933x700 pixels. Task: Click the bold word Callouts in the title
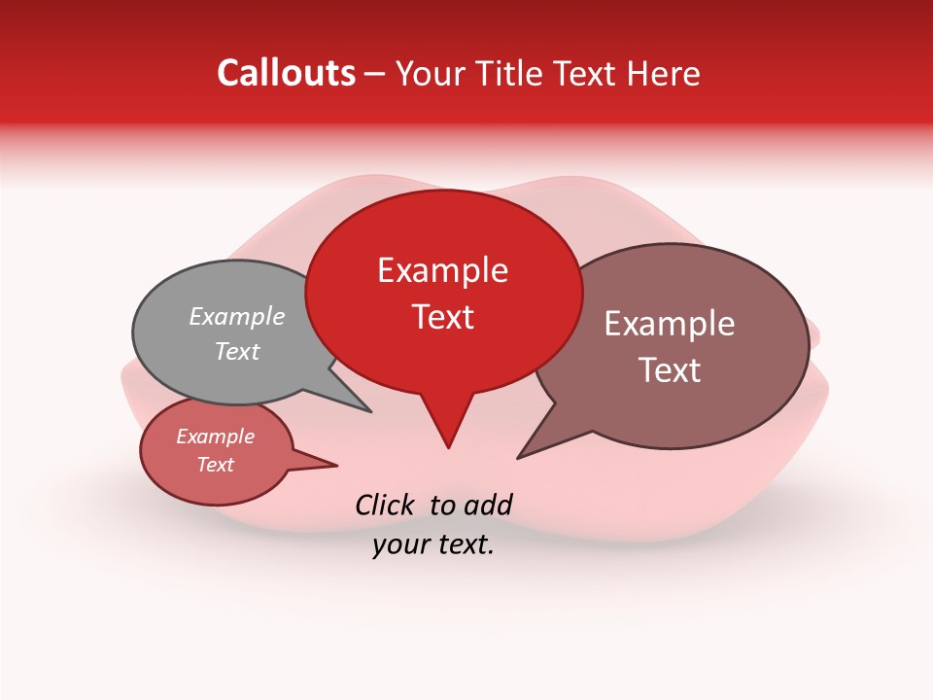[x=286, y=73]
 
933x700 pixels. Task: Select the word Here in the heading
[x=662, y=73]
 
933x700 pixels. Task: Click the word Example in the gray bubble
[x=237, y=316]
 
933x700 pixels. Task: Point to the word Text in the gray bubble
[x=237, y=351]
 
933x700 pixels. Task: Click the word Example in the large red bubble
[x=442, y=270]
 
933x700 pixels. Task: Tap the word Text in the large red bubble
[x=443, y=317]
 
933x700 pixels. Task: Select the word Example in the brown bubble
[x=670, y=324]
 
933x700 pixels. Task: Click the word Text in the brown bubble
[x=670, y=370]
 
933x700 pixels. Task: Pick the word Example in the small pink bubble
[x=215, y=437]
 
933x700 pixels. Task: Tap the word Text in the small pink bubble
[x=215, y=465]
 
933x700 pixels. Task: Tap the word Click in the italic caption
[x=385, y=505]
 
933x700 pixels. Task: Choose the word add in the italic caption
[x=488, y=505]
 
